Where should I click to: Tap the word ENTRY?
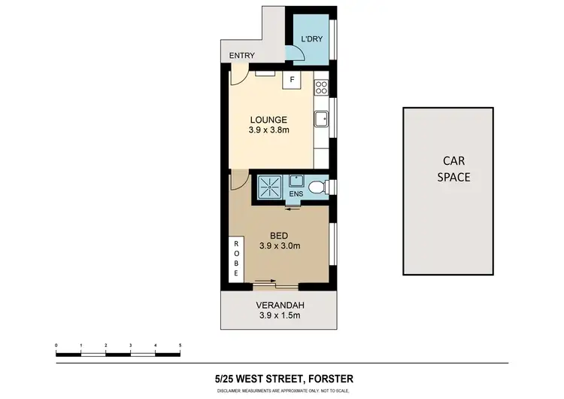click(243, 56)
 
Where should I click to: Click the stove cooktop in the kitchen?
click(322, 86)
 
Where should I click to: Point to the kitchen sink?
click(321, 117)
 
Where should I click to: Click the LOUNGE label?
click(268, 119)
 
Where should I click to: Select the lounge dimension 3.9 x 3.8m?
click(268, 129)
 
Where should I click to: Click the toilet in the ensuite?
click(319, 186)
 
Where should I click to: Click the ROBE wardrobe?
click(236, 260)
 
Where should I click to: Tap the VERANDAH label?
click(278, 306)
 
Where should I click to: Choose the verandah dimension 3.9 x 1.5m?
click(278, 316)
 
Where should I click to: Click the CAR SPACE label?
click(454, 169)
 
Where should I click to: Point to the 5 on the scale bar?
click(180, 346)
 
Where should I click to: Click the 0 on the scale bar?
click(56, 346)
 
